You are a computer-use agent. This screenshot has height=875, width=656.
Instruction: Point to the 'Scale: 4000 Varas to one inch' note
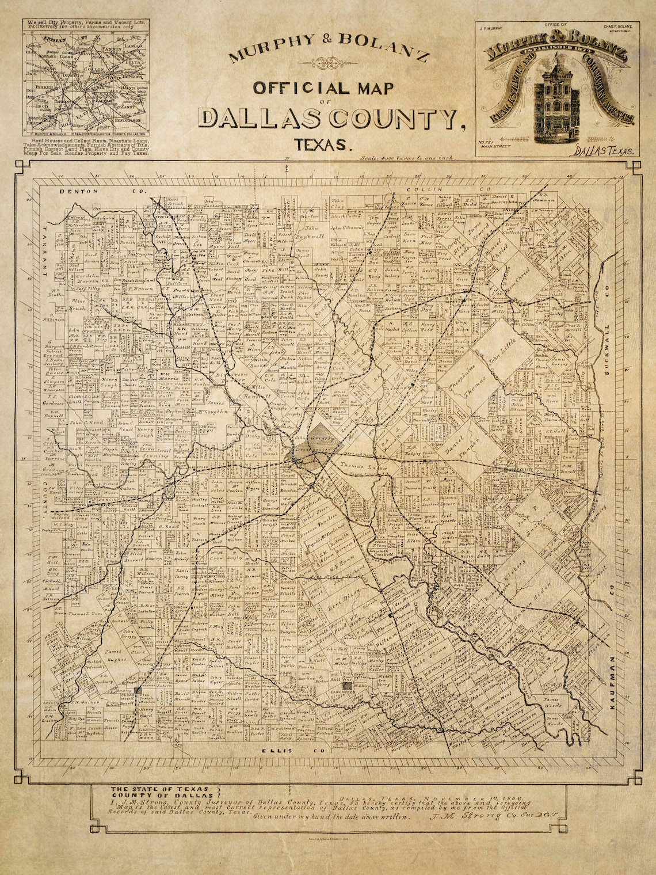(x=406, y=157)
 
